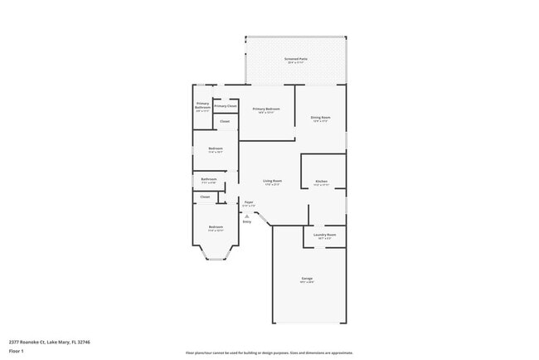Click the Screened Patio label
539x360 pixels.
[x=296, y=59]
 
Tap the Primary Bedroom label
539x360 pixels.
[x=266, y=109]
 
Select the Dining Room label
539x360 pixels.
[x=321, y=118]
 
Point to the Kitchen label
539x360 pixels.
[x=321, y=182]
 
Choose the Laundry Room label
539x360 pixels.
[x=324, y=235]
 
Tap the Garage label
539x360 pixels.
[x=308, y=278]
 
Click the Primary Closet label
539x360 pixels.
[x=226, y=106]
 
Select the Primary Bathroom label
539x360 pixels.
[x=202, y=106]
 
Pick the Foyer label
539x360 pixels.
[x=248, y=202]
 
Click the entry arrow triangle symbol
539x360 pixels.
[x=246, y=216]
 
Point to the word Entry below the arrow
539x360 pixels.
[x=246, y=222]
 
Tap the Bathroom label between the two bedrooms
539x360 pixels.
[x=209, y=179]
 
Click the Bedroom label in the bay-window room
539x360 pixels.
[x=216, y=226]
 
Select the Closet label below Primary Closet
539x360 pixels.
[x=225, y=122]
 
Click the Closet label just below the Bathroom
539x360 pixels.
[x=206, y=197]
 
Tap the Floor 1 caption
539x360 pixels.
[x=17, y=351]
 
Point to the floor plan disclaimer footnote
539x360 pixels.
[x=269, y=353]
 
